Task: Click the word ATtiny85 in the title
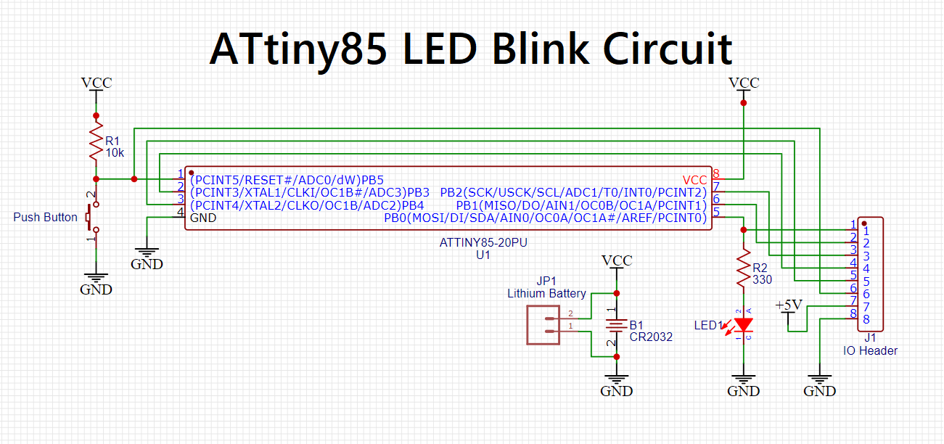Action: [297, 50]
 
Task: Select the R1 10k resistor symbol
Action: [96, 143]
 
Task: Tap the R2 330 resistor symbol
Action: [743, 268]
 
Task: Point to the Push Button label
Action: [45, 217]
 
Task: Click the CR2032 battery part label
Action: [652, 337]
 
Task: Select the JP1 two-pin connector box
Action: [543, 324]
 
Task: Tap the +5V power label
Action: [789, 305]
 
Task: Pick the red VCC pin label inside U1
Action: [694, 179]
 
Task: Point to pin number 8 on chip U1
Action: [716, 174]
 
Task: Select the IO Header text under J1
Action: [870, 350]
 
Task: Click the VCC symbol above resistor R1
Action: [97, 83]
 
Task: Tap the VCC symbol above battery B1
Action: [617, 261]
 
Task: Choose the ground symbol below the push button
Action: [96, 284]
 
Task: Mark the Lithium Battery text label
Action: [546, 293]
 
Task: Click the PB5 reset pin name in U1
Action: [372, 179]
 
